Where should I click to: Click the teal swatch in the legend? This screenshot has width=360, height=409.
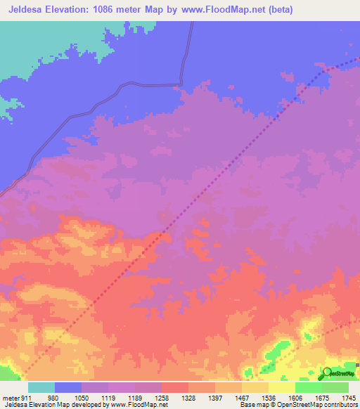click(41, 388)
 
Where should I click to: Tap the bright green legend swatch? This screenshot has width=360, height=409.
click(308, 388)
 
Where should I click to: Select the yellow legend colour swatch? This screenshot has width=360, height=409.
click(281, 388)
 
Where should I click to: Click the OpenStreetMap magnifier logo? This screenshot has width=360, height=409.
click(327, 373)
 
